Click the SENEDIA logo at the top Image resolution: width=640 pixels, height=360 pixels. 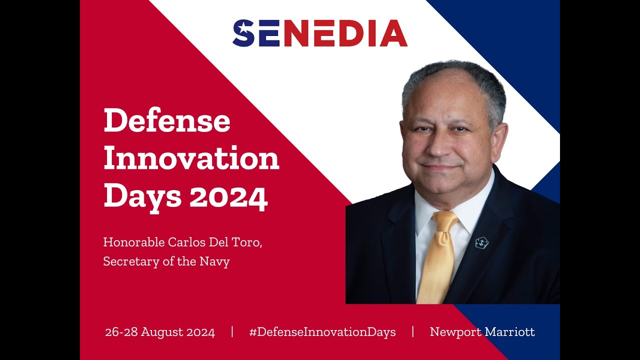point(320,33)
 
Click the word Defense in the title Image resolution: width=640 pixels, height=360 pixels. point(167,121)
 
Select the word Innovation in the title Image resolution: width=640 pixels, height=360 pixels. point(191,159)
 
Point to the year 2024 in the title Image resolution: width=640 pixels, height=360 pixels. point(228,196)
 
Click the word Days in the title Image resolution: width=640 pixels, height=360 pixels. point(142,196)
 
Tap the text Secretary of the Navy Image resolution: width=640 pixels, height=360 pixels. point(166,261)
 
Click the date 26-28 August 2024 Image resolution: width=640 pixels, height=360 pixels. point(160,332)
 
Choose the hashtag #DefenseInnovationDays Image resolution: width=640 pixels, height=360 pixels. point(322,332)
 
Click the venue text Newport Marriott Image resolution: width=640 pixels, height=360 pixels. point(482,332)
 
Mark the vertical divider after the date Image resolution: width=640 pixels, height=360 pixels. point(232,332)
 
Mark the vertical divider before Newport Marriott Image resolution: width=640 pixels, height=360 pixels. point(413,332)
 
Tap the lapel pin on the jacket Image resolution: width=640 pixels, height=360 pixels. point(481,243)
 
